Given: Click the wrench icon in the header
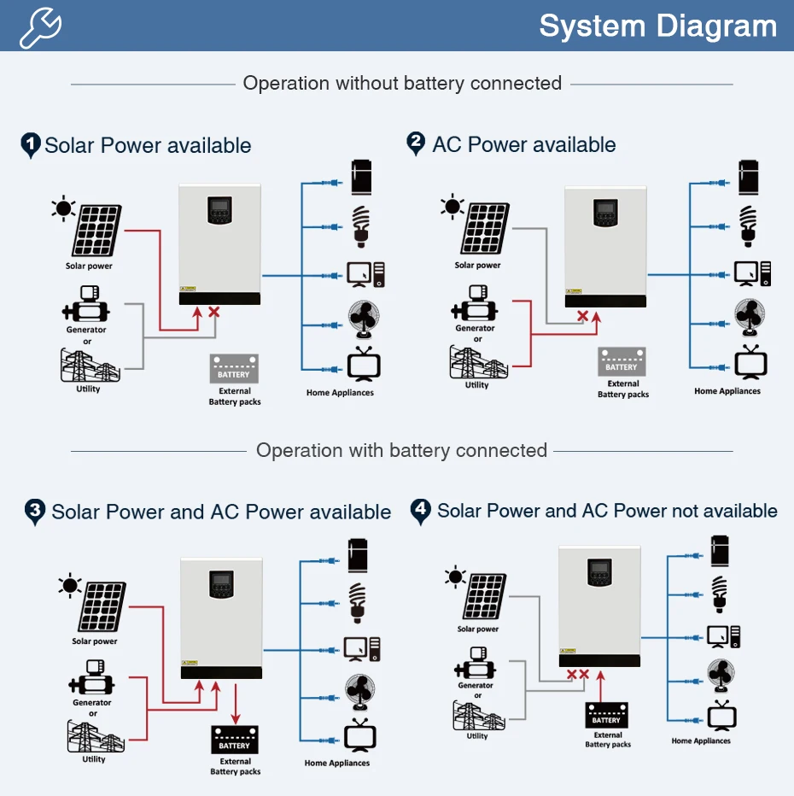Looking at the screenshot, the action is tap(41, 27).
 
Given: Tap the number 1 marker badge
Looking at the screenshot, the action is tap(31, 145).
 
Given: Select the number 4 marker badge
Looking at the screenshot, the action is tap(421, 512).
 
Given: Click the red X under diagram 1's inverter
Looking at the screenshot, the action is tap(214, 312).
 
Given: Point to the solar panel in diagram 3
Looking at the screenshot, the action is tap(102, 606).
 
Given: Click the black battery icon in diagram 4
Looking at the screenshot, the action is tap(606, 715).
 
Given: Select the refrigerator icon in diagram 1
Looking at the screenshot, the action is tap(362, 177).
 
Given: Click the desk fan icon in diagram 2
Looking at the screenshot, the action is tap(750, 318).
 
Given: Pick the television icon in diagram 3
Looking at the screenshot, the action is tap(359, 735).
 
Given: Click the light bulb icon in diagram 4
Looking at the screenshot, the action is tap(719, 594).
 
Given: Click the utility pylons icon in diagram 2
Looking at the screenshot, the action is tap(478, 362).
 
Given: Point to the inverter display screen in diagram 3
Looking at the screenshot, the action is tap(222, 584).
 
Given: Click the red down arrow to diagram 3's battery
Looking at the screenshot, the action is tap(236, 704).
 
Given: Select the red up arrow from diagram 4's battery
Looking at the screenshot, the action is tap(601, 687).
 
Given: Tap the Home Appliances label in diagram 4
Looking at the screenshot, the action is tap(701, 740).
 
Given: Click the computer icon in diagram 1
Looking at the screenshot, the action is tap(365, 275).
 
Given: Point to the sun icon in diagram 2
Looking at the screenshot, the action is tap(452, 207).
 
